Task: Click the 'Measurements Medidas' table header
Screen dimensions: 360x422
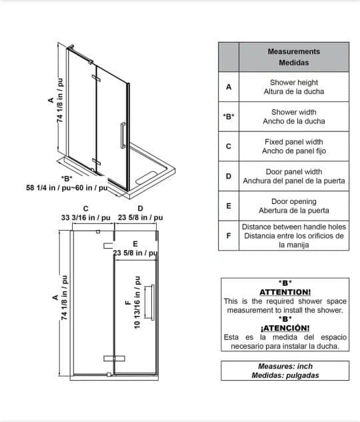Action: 294,57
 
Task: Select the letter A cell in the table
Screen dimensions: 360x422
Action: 229,87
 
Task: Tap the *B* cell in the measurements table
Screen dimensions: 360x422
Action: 229,117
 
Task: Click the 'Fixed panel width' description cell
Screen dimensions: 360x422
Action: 294,146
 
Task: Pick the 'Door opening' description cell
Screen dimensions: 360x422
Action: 294,206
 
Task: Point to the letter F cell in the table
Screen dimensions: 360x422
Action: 229,236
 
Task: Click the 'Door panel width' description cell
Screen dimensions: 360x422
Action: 294,176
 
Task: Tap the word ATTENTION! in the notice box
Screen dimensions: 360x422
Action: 285,292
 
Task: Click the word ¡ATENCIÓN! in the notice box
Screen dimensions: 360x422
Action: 285,328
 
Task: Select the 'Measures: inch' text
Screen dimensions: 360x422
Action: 285,366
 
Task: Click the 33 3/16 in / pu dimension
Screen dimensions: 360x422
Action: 85,217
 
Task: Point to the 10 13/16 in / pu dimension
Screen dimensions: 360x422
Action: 137,302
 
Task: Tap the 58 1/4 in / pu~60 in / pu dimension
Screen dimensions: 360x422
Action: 67,187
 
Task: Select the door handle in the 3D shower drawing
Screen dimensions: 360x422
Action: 123,135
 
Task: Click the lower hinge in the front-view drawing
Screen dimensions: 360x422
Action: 115,358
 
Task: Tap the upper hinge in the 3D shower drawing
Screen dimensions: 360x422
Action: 96,78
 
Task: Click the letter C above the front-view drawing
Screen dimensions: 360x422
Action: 86,209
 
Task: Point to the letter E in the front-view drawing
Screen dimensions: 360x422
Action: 135,244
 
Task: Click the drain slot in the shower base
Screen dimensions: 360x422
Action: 146,178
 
